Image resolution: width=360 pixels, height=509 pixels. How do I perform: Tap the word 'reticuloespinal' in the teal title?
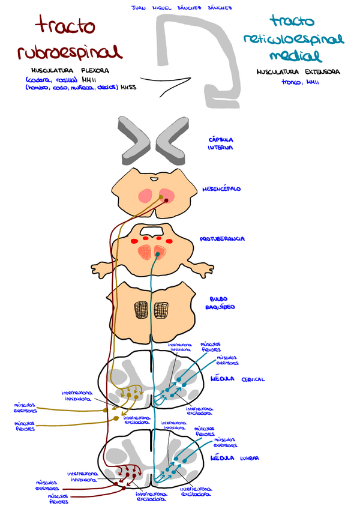click(x=293, y=40)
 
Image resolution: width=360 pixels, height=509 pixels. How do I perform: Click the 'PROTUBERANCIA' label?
click(x=223, y=239)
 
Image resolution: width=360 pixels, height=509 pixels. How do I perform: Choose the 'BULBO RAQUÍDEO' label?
click(x=222, y=303)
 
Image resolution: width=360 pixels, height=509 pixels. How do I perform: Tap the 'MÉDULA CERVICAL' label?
click(x=238, y=379)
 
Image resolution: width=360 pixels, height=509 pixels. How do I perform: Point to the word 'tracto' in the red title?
click(x=65, y=26)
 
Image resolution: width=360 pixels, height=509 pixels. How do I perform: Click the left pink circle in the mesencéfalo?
click(x=145, y=196)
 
